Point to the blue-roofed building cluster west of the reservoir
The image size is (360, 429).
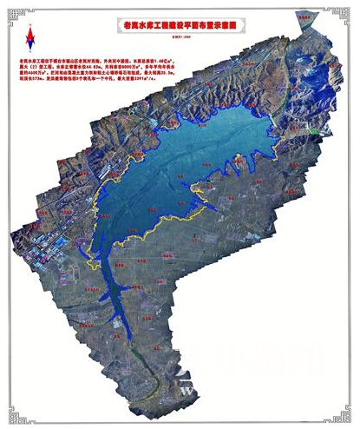point(42,256)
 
